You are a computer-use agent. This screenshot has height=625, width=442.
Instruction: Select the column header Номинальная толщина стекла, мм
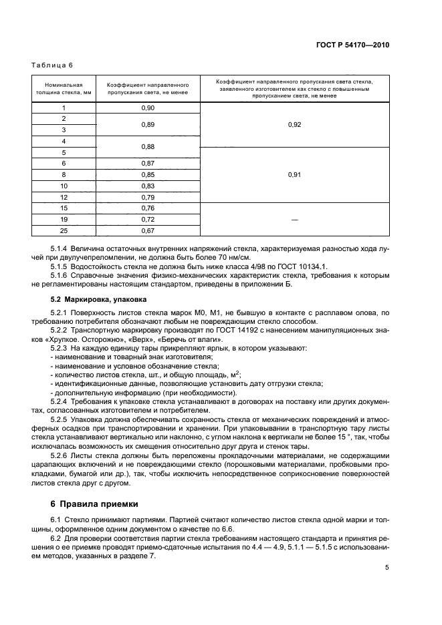64,89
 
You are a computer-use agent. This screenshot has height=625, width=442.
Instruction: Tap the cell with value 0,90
148,108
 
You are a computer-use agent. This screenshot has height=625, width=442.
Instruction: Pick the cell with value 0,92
294,124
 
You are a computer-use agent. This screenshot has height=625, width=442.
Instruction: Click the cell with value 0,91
294,174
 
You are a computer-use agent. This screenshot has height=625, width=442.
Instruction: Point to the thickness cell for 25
64,230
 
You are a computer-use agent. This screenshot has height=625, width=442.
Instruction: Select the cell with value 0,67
148,230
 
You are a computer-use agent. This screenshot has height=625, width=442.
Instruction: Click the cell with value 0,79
148,197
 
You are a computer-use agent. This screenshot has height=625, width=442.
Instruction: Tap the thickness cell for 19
64,219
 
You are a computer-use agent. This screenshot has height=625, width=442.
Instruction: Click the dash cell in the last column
294,219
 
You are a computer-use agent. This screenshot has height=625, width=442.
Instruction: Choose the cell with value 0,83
148,186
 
